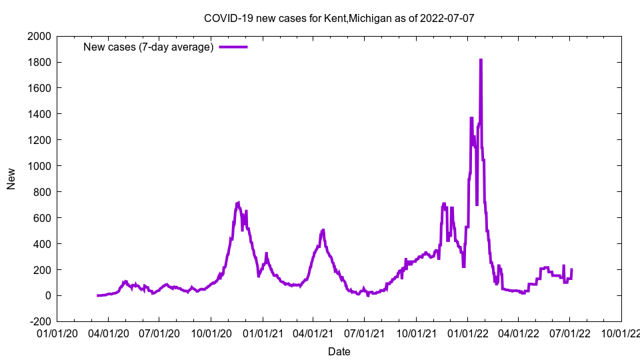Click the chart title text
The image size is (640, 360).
pyautogui.click(x=339, y=18)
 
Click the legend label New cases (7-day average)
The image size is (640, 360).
pyautogui.click(x=148, y=47)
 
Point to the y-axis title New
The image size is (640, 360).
pyautogui.click(x=11, y=179)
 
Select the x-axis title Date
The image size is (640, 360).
pyautogui.click(x=339, y=351)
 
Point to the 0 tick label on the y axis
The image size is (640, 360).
pyautogui.click(x=47, y=296)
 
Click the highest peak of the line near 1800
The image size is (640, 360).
pyautogui.click(x=481, y=60)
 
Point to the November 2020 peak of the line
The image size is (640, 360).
pyautogui.click(x=239, y=202)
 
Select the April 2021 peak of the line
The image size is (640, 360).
pyautogui.click(x=323, y=230)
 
